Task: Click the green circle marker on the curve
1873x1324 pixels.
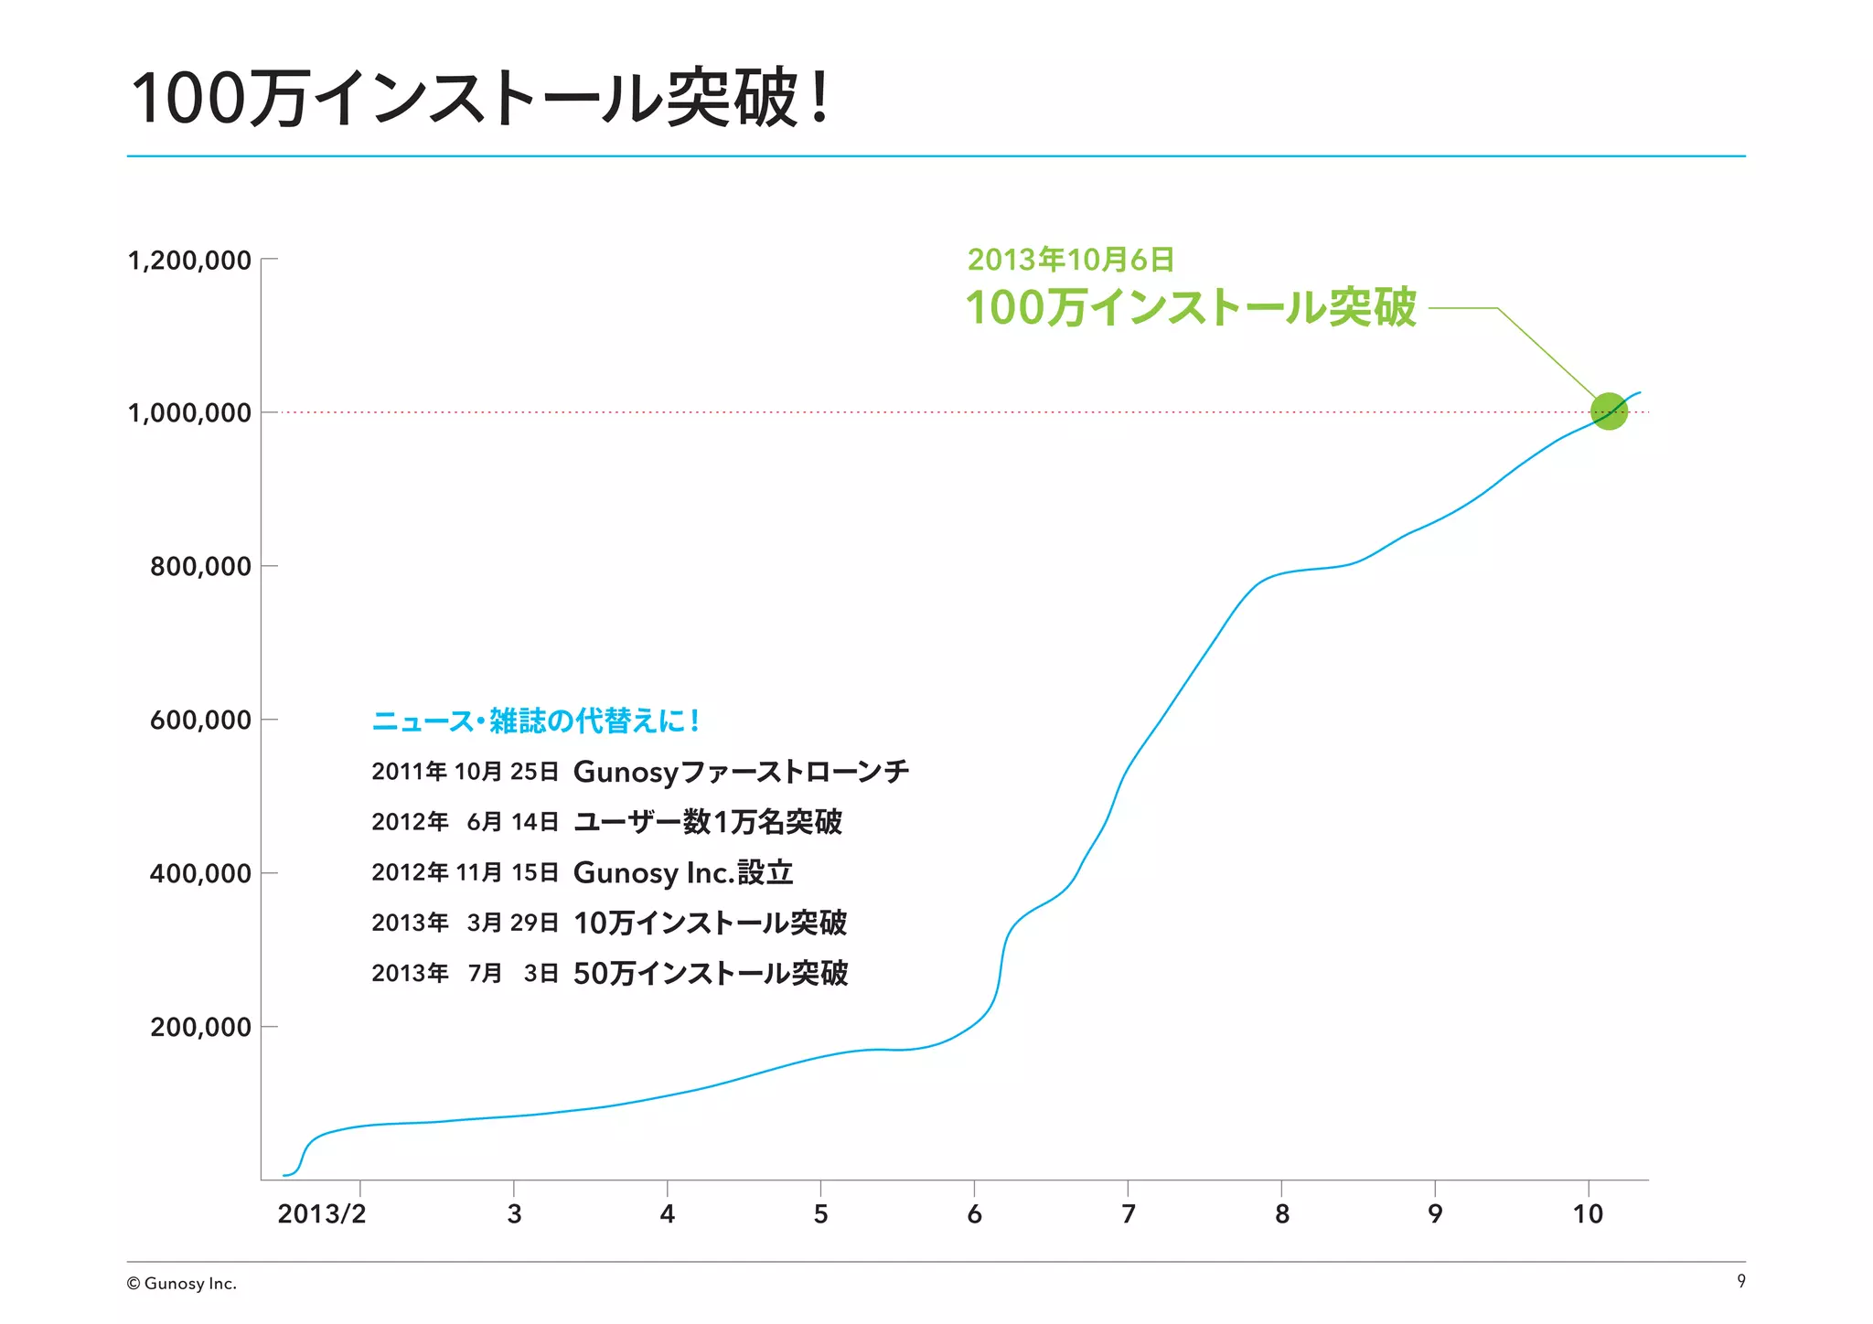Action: [1609, 411]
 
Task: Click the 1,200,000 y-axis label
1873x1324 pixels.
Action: [189, 261]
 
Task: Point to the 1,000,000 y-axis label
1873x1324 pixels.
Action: [189, 413]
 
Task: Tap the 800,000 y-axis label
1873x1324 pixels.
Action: [200, 567]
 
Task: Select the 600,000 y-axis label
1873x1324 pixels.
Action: [200, 721]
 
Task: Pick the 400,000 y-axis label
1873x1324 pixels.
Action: [200, 874]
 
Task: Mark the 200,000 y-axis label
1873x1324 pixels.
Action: [200, 1028]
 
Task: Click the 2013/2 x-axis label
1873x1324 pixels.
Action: [321, 1214]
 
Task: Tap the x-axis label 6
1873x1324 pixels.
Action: [974, 1214]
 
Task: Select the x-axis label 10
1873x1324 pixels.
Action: [1588, 1214]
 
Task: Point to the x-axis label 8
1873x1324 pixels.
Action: [1281, 1214]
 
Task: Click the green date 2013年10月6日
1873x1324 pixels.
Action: [1070, 260]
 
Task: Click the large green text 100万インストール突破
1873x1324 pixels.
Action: [1191, 307]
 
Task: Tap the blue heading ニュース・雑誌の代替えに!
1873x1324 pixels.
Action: [536, 721]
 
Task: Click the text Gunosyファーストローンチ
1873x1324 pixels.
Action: [741, 772]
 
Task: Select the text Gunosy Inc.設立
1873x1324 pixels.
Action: [682, 873]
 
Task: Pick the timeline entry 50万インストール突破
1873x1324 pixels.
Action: [711, 974]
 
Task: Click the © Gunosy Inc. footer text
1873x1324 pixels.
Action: [182, 1284]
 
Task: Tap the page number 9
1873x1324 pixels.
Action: [1740, 1281]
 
